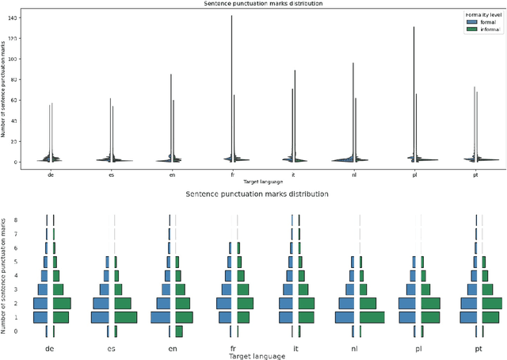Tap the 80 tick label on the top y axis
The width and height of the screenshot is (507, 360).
13,79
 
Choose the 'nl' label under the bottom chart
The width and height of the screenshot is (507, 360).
359,347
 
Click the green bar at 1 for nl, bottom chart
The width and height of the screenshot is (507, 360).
372,317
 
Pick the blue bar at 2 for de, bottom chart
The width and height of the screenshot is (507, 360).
40,303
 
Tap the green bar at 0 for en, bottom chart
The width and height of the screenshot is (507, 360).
179,331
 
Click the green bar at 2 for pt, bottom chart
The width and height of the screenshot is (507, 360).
492,303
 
